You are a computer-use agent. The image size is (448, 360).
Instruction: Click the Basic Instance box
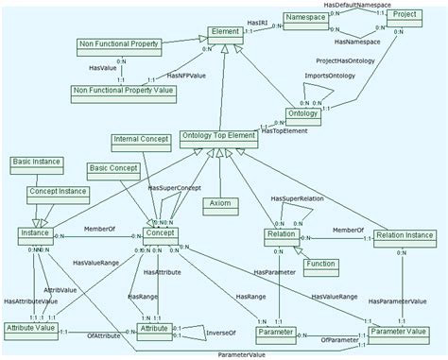tap(37, 163)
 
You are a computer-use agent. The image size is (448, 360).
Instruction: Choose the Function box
tap(324, 265)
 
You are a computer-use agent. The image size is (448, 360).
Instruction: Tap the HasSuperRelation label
tap(297, 199)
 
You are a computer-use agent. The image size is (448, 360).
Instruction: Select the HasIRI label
tap(259, 21)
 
